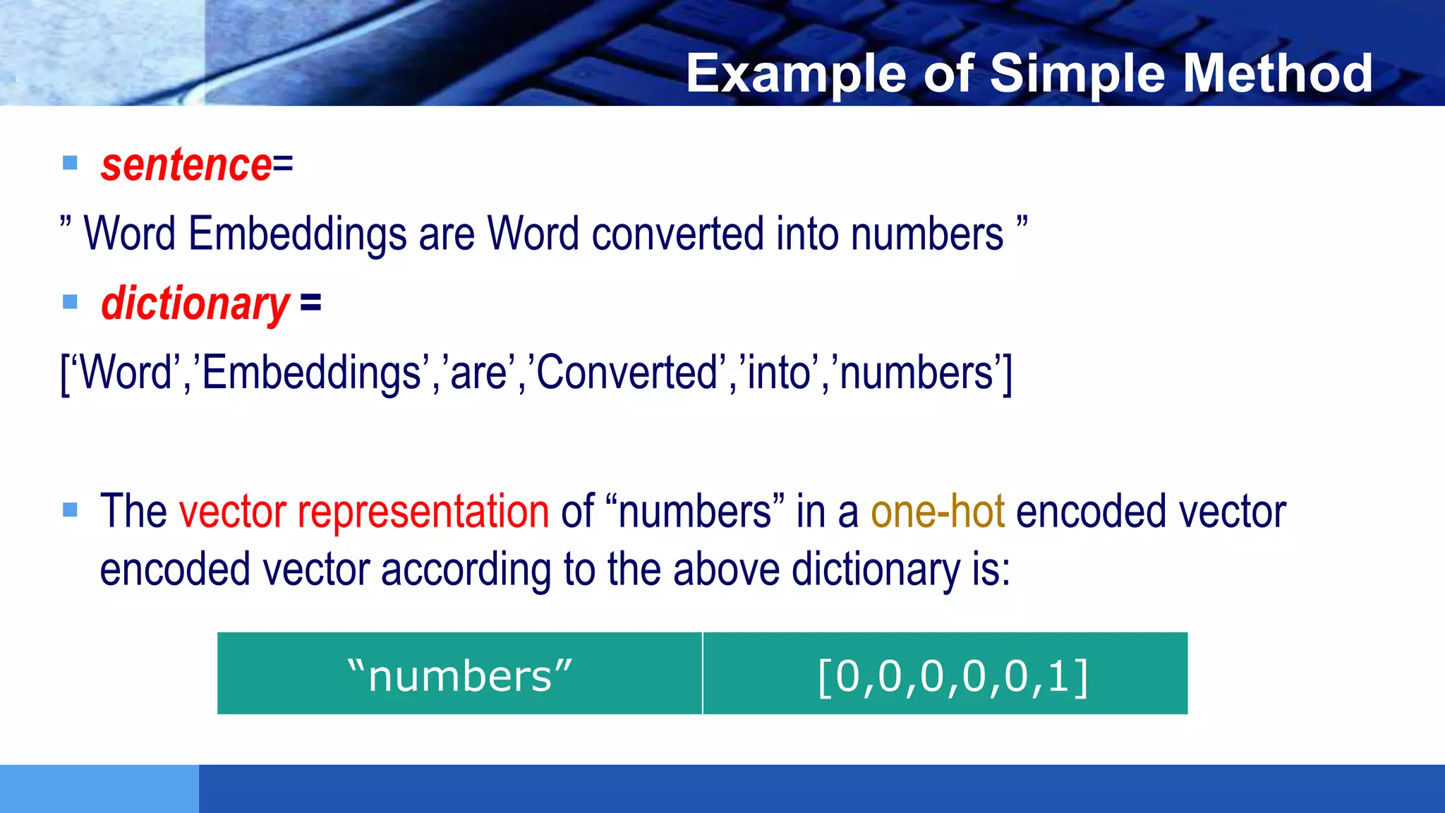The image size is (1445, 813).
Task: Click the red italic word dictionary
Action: [x=195, y=304]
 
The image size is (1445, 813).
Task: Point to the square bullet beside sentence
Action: [x=70, y=164]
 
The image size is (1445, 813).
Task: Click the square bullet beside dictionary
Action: [x=70, y=303]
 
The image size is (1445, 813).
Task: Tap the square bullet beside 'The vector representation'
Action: [x=70, y=510]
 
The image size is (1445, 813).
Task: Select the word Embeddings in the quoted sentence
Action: [x=297, y=234]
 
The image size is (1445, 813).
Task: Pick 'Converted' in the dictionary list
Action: [x=627, y=373]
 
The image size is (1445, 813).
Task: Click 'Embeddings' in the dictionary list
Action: [x=311, y=373]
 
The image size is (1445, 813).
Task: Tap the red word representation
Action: [x=423, y=512]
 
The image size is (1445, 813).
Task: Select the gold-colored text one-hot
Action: [x=937, y=512]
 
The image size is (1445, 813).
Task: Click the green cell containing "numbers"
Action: [x=459, y=674]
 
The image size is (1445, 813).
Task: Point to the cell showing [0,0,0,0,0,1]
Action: [x=945, y=674]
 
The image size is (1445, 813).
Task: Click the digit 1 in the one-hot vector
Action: [x=1058, y=676]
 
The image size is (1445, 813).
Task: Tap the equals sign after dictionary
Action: [x=310, y=303]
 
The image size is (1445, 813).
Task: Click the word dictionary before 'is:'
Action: [x=875, y=570]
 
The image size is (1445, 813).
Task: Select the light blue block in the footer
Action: [x=99, y=788]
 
